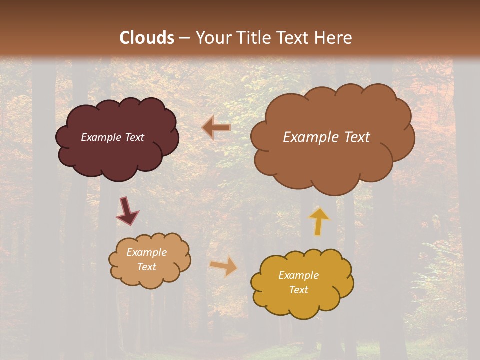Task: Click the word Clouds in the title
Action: (147, 38)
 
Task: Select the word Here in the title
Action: (334, 38)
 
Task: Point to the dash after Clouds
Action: (184, 38)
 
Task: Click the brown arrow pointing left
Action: (216, 128)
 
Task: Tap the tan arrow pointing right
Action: (224, 266)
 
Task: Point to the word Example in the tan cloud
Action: (146, 252)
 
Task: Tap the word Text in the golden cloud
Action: (298, 290)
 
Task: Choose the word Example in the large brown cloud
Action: (310, 137)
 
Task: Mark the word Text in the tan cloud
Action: (146, 267)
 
